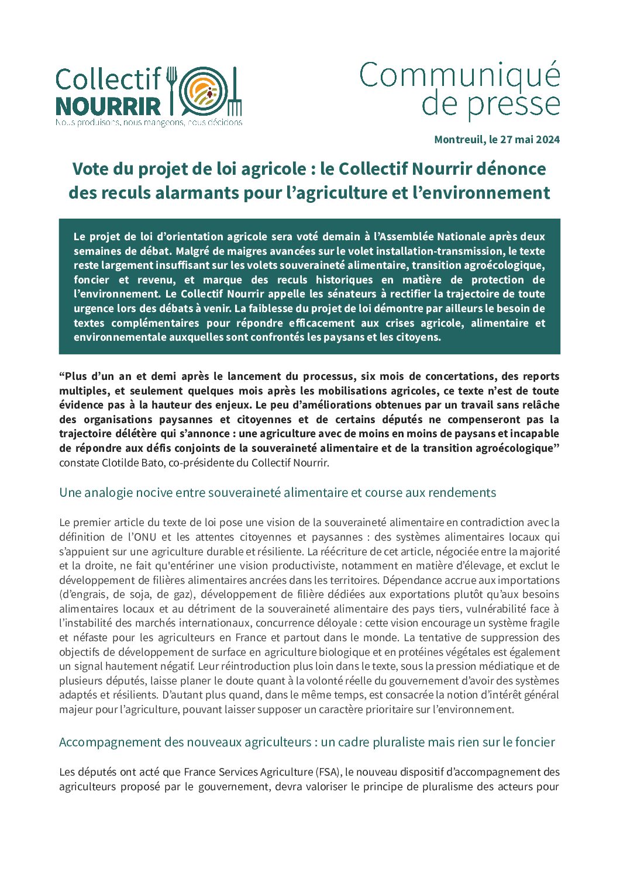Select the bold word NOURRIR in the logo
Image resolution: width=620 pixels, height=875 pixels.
pos(108,106)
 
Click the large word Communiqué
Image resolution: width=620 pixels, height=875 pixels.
pos(460,76)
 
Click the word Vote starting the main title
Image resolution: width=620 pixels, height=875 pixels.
pos(91,169)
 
